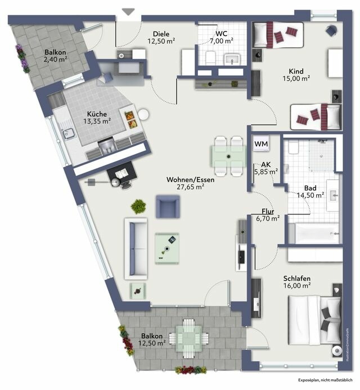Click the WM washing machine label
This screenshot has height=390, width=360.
click(x=261, y=144)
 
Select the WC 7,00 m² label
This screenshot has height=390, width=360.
click(x=221, y=37)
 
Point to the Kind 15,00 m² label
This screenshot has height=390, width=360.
click(x=296, y=75)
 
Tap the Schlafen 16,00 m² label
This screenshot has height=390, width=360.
click(x=297, y=282)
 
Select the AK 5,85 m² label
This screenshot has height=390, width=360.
click(x=264, y=168)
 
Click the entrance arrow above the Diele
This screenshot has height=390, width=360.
click(x=129, y=10)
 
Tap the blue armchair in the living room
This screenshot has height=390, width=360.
click(x=168, y=207)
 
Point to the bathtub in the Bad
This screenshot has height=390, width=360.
click(x=313, y=232)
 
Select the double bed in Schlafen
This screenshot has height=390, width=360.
click(x=314, y=318)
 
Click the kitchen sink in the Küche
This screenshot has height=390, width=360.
click(x=70, y=134)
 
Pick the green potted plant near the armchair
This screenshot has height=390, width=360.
click(x=138, y=206)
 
